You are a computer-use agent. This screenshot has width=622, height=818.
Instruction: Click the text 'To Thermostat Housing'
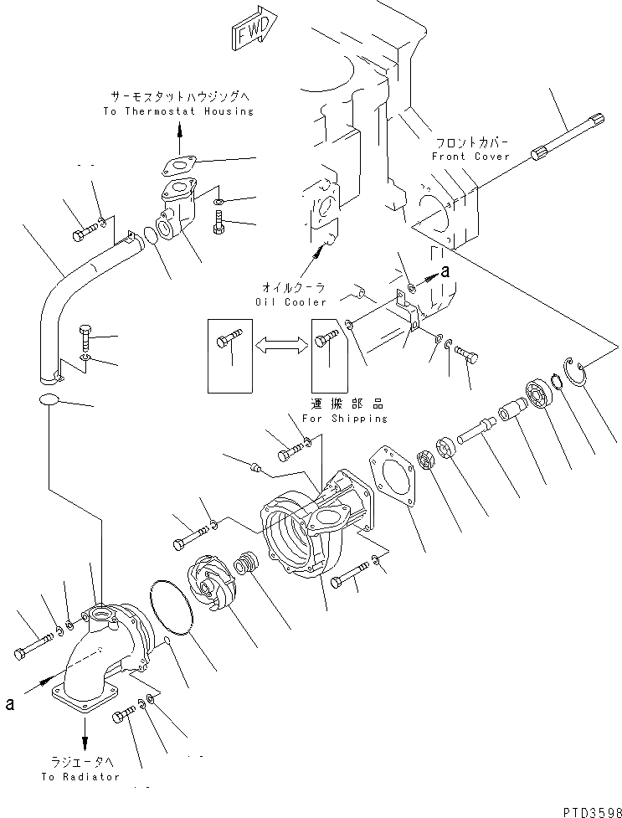(x=178, y=111)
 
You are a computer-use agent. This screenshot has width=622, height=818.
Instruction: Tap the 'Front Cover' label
(x=470, y=157)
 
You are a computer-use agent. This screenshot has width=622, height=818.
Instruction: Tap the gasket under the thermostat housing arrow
(x=180, y=165)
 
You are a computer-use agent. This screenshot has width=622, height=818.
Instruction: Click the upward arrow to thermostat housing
(x=178, y=129)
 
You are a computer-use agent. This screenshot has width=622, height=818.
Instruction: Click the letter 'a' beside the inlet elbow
(x=9, y=704)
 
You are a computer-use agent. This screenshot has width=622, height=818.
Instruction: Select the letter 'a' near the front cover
(x=445, y=270)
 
